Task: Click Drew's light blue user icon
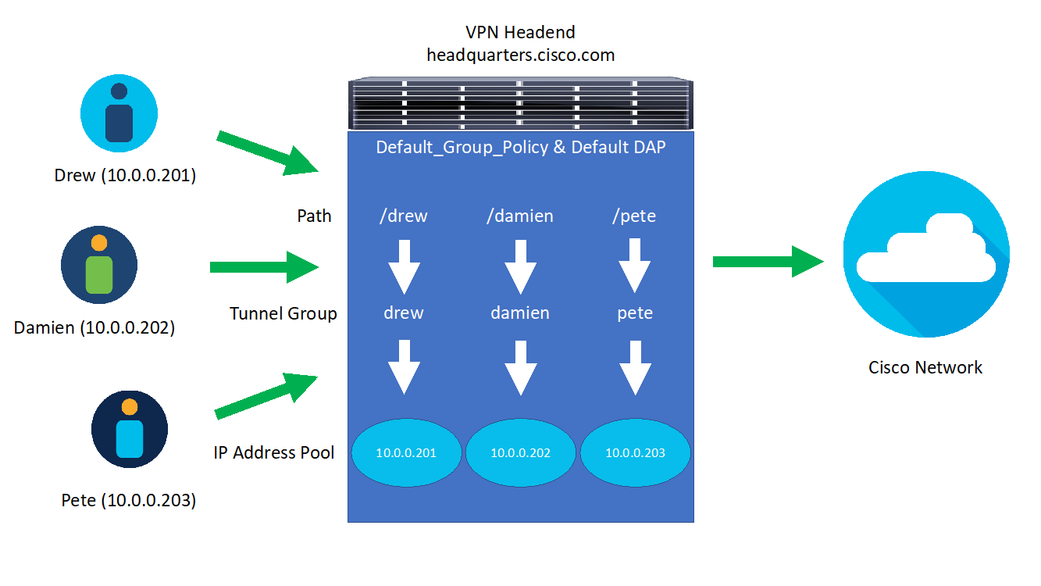119,113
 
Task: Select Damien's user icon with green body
99,265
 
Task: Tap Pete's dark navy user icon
130,429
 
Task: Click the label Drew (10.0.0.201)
125,175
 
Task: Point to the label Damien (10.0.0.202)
94,327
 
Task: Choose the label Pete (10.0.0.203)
129,500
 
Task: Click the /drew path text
404,216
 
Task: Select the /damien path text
520,216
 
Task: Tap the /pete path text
634,216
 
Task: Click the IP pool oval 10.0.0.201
405,453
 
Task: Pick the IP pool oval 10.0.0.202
520,453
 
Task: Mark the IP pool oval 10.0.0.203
635,453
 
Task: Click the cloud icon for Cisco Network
926,255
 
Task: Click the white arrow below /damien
520,266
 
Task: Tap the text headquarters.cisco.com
520,55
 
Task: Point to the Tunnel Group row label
283,313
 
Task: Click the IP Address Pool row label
274,452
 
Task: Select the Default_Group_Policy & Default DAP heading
520,147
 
